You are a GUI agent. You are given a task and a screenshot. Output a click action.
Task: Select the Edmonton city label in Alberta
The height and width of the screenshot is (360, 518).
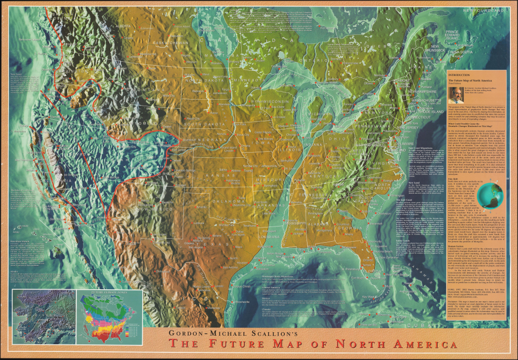146,28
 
